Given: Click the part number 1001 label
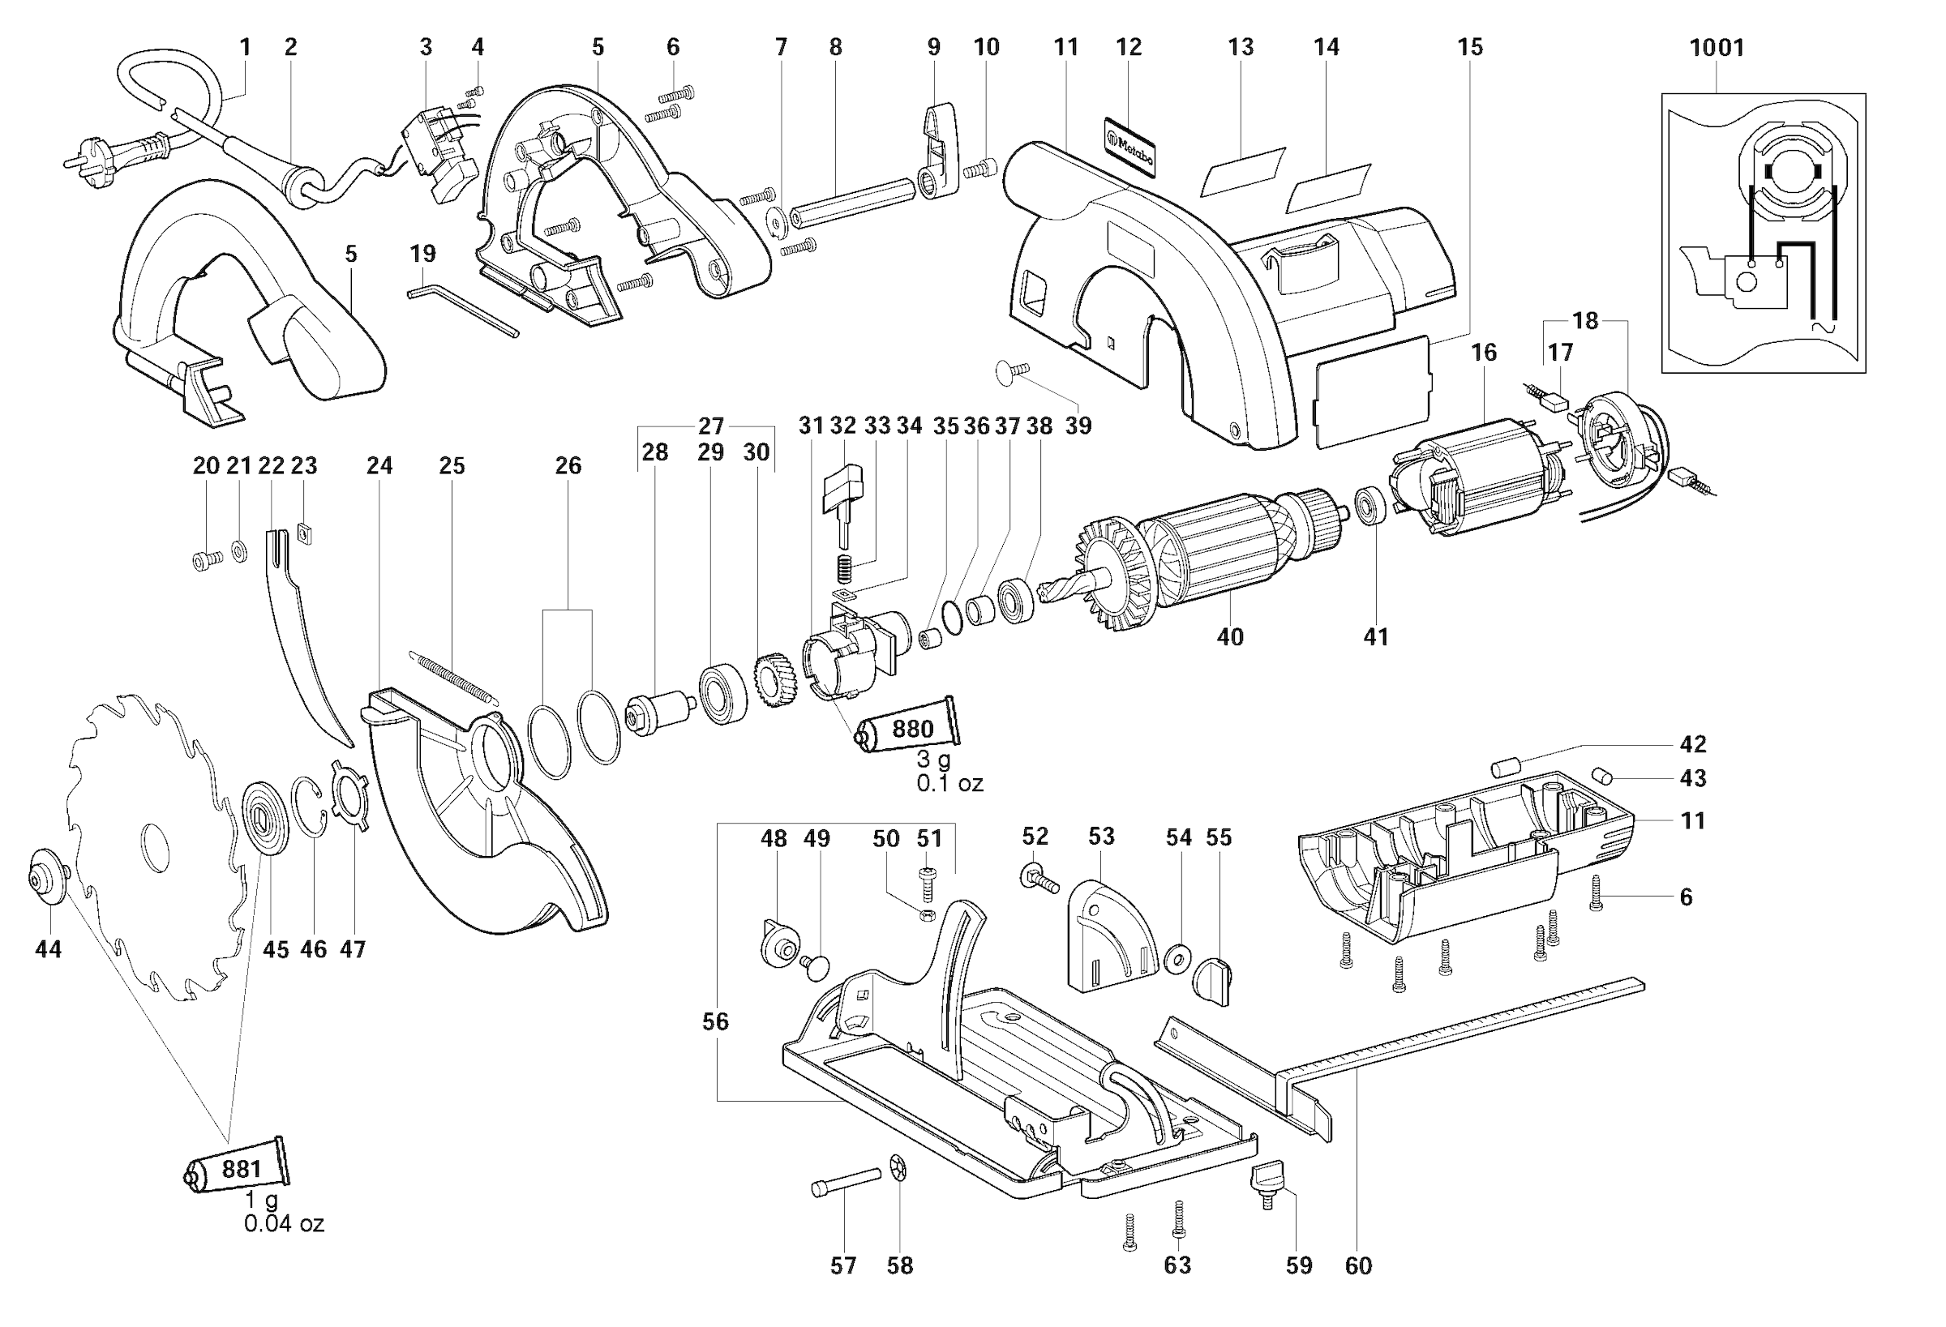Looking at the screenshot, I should click(1717, 48).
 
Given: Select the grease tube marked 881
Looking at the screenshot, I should click(236, 1168).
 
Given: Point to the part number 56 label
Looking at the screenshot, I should click(715, 1021).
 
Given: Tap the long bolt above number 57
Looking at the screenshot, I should click(846, 1182).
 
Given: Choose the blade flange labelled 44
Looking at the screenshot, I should click(47, 877).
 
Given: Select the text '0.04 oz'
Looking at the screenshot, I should click(284, 1223).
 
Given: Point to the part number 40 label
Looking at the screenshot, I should click(1229, 636).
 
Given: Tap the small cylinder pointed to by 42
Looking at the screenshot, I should click(1504, 767).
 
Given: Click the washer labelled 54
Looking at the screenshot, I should click(1178, 956).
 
